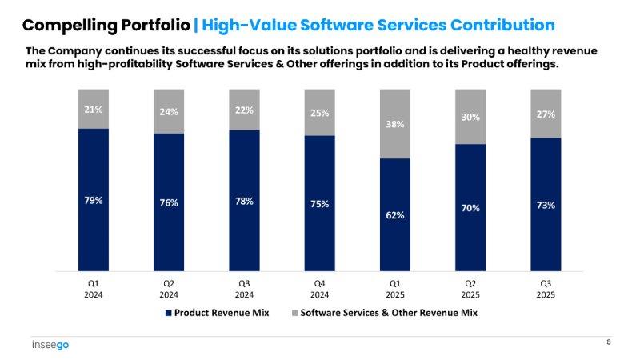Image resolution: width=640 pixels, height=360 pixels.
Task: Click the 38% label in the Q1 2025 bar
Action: coord(395,124)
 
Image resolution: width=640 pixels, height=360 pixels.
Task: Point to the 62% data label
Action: coord(395,215)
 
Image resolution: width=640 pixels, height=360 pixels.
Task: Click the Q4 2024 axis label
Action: coord(320,288)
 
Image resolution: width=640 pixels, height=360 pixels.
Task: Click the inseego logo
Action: coord(50,346)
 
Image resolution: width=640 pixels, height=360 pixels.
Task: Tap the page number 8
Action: coord(608,342)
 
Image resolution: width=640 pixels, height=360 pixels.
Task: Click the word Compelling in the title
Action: coord(64,25)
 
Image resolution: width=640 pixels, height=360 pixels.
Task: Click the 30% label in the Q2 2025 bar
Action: coord(470,117)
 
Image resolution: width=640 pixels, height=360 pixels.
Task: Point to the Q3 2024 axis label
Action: coord(245,288)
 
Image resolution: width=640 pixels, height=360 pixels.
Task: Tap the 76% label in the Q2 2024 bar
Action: coord(169,202)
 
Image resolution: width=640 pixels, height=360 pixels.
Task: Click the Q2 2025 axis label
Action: coord(470,288)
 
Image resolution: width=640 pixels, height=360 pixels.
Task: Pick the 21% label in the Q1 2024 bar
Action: coord(94,109)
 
